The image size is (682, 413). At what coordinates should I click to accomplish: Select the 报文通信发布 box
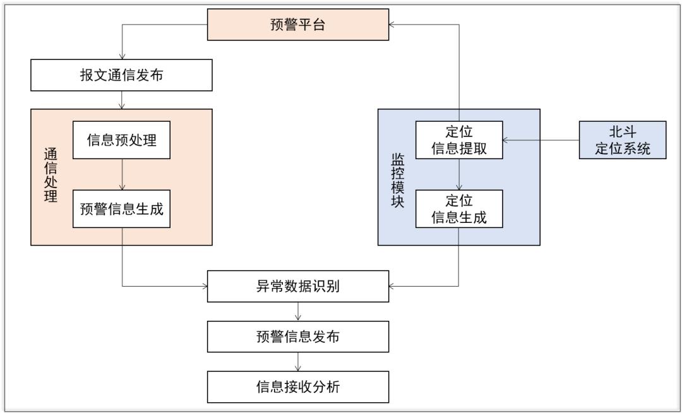[x=121, y=76]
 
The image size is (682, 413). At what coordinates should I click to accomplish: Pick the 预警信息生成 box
[x=122, y=209]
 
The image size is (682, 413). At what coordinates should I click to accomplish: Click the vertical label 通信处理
[x=51, y=177]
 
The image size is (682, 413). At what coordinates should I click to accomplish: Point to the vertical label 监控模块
[x=397, y=177]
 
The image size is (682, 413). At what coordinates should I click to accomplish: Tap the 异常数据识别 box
[x=297, y=287]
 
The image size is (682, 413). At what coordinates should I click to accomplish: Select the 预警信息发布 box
[x=297, y=336]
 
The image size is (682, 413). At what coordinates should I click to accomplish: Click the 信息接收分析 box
[x=297, y=386]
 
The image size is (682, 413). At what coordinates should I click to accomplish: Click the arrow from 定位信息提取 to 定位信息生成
[x=458, y=176]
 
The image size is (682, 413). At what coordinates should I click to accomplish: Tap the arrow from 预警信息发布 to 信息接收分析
[x=297, y=361]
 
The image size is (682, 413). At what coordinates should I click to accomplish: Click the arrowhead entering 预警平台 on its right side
[x=392, y=25]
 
